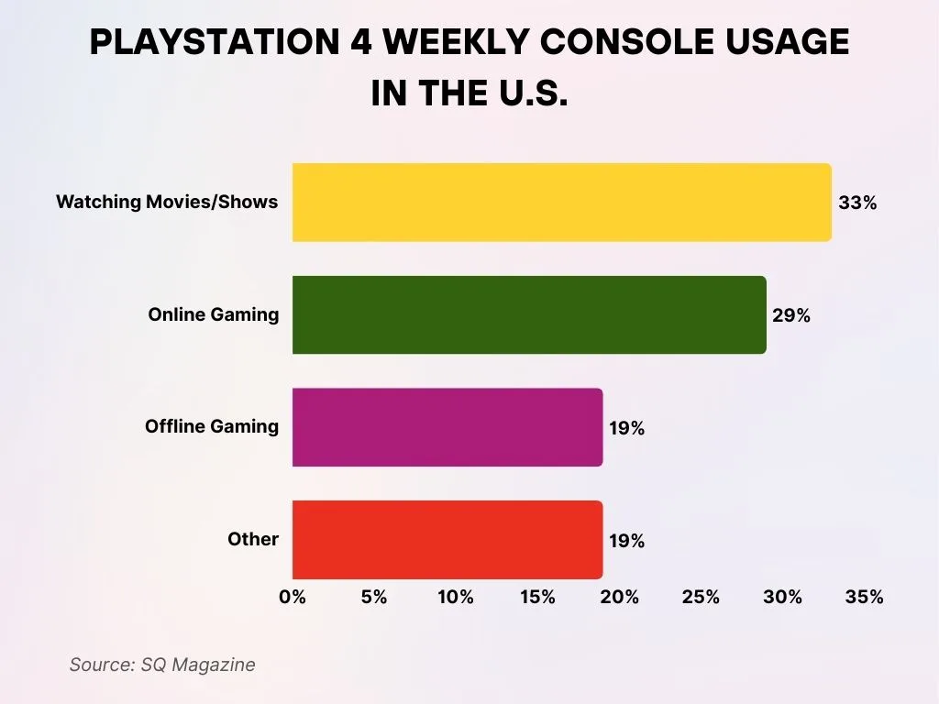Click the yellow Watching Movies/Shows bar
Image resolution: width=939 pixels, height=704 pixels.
pos(561,203)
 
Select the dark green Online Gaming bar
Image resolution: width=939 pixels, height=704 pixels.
pos(529,314)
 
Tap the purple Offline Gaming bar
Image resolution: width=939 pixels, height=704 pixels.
pos(447,427)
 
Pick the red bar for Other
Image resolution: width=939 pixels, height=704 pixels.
pos(447,540)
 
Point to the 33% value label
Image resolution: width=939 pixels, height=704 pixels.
pos(857,203)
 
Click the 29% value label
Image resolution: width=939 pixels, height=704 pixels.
pos(791,315)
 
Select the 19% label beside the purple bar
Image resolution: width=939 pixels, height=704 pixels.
pos(627,428)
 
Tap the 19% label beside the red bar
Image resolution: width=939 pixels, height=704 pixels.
pos(627,541)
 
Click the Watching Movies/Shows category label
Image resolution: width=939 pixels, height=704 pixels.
pos(167,202)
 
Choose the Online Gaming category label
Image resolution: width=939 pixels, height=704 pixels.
pos(214,314)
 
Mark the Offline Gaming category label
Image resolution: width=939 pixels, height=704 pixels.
pos(212,426)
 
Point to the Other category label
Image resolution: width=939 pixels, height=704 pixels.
pos(253,539)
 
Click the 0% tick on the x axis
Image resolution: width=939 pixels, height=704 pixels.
pos(293,597)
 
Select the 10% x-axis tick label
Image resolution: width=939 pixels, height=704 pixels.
pos(456,597)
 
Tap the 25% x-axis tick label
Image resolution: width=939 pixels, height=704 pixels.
pos(701,597)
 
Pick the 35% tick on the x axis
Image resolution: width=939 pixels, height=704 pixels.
pos(864,597)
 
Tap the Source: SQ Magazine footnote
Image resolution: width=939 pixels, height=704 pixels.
pos(162,665)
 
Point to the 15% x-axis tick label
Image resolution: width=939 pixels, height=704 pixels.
pos(537,597)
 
